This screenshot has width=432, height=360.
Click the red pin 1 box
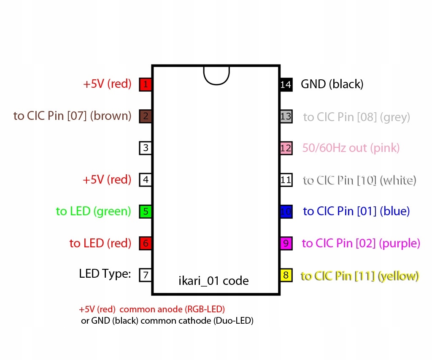(145, 84)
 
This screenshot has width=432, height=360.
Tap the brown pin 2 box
(145, 116)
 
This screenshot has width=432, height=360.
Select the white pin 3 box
(145, 148)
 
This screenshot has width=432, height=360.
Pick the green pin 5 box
(145, 212)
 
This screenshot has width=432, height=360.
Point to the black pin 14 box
(286, 84)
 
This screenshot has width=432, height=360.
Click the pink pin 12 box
(286, 148)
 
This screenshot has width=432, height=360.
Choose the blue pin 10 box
(286, 212)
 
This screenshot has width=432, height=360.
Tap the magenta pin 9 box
(286, 244)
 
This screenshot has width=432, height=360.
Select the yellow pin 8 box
(286, 275)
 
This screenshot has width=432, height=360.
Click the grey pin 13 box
(286, 116)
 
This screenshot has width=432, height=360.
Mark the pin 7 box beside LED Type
(145, 275)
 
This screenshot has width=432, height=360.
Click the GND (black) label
(332, 84)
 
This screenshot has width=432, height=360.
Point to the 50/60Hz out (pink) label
(351, 148)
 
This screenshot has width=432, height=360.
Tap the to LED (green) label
(93, 211)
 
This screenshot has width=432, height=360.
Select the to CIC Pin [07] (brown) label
(73, 116)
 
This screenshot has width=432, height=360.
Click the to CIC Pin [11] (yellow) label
(360, 276)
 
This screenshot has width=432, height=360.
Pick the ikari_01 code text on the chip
(213, 281)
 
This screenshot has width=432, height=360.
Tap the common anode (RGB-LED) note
(172, 309)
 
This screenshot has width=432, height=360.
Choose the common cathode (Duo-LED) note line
(167, 321)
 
